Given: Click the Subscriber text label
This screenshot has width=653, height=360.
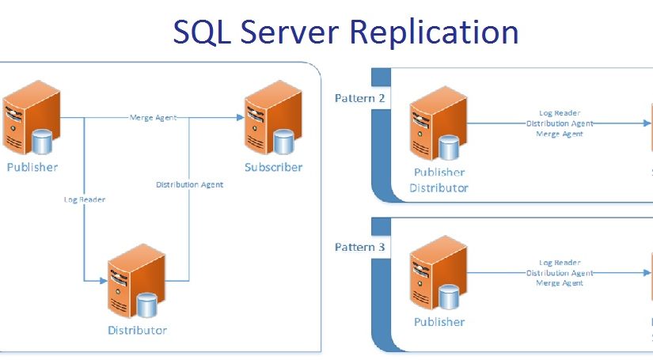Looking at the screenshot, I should click(x=273, y=167).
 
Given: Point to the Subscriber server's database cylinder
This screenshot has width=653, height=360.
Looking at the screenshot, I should click(x=283, y=142).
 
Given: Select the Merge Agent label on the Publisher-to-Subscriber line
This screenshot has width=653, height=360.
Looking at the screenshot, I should click(x=153, y=118).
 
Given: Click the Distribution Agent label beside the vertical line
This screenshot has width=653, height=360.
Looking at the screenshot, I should click(x=189, y=184).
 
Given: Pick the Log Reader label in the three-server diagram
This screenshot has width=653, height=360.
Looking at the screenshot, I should click(x=84, y=199).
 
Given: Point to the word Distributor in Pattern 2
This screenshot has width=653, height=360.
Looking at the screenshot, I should click(x=438, y=188).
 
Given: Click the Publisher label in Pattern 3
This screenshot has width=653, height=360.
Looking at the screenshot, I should click(x=439, y=322).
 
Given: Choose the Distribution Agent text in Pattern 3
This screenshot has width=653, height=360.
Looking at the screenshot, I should click(x=560, y=273).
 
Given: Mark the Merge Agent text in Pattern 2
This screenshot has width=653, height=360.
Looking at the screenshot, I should click(x=560, y=134).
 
